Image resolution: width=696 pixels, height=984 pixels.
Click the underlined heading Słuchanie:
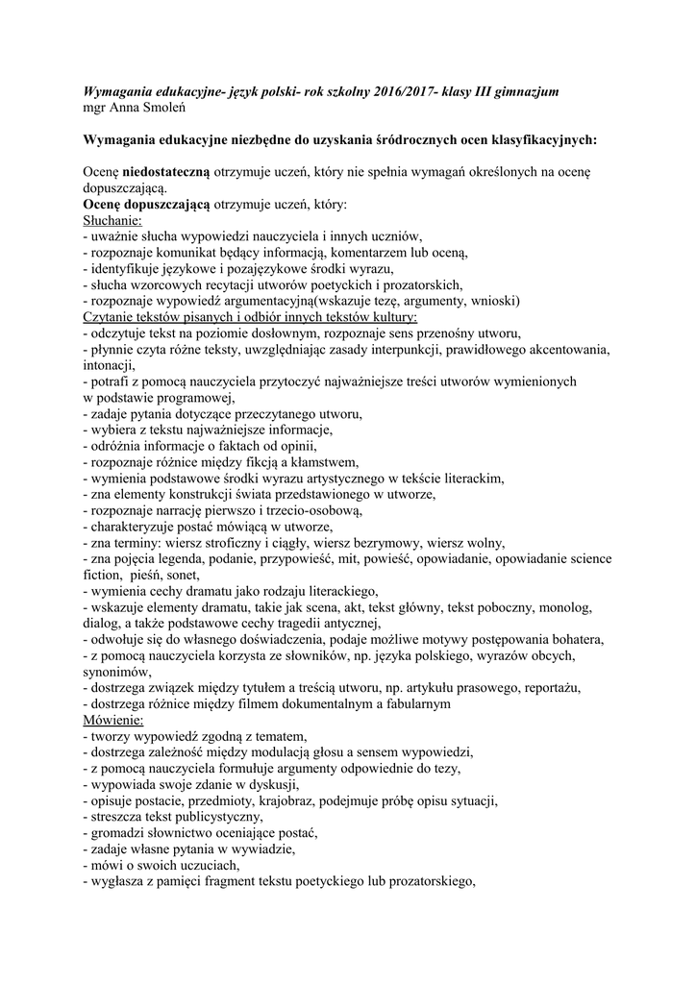pos(112,220)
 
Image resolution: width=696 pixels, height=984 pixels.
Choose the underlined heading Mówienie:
pos(113,719)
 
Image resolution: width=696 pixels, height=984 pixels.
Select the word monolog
pos(560,607)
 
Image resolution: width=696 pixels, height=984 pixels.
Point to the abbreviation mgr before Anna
pos(95,107)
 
